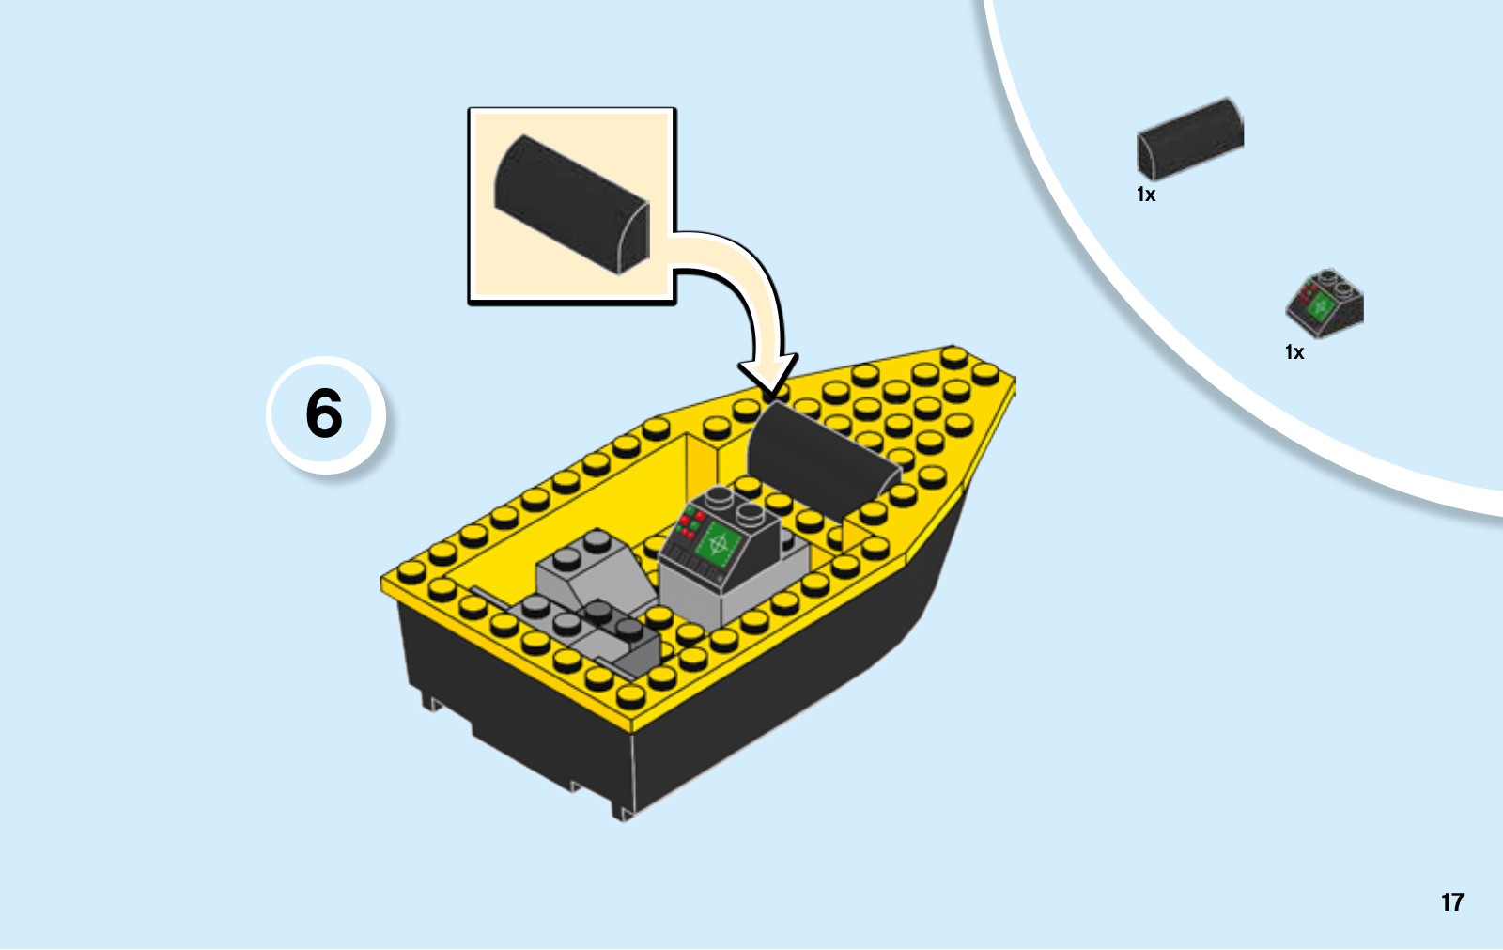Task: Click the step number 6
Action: (x=324, y=413)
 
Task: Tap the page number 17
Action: (x=1452, y=902)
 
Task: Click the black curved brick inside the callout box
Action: (x=572, y=204)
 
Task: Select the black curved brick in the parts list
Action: (x=1189, y=139)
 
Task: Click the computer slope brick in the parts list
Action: (x=1325, y=304)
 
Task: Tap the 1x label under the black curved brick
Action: (x=1146, y=195)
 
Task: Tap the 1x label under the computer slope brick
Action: (x=1294, y=352)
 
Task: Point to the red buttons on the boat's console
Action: (x=690, y=523)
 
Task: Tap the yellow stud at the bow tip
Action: (x=953, y=357)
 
